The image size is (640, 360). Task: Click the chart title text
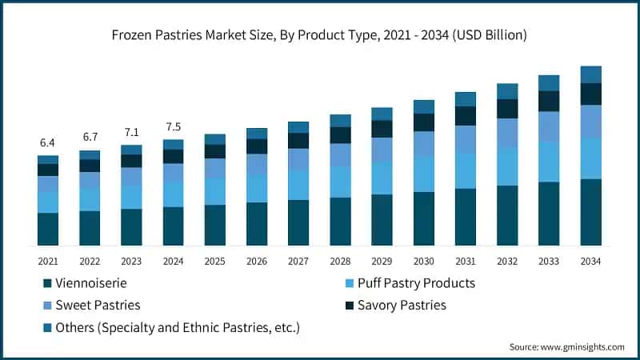click(320, 35)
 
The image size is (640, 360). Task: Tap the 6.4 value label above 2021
click(47, 143)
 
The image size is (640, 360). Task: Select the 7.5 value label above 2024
click(173, 126)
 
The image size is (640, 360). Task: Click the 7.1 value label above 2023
click(131, 132)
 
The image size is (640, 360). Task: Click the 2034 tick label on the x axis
click(590, 261)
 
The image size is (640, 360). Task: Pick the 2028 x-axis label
click(340, 261)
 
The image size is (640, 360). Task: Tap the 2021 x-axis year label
click(47, 261)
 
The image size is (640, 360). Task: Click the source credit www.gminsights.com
click(566, 346)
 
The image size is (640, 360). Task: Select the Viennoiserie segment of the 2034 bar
click(590, 212)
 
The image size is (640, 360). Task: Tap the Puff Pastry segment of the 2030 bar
click(423, 174)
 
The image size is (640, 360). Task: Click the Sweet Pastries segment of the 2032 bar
click(507, 133)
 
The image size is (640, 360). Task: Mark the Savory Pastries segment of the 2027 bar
click(298, 141)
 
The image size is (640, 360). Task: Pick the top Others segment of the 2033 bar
click(549, 82)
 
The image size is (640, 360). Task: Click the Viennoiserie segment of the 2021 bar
click(47, 229)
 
